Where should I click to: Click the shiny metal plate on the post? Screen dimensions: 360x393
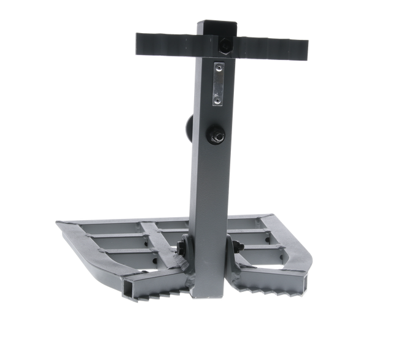click(217, 83)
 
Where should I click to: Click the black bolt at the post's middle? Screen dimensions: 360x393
click(217, 136)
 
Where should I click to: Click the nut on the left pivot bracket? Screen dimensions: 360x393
click(182, 248)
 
